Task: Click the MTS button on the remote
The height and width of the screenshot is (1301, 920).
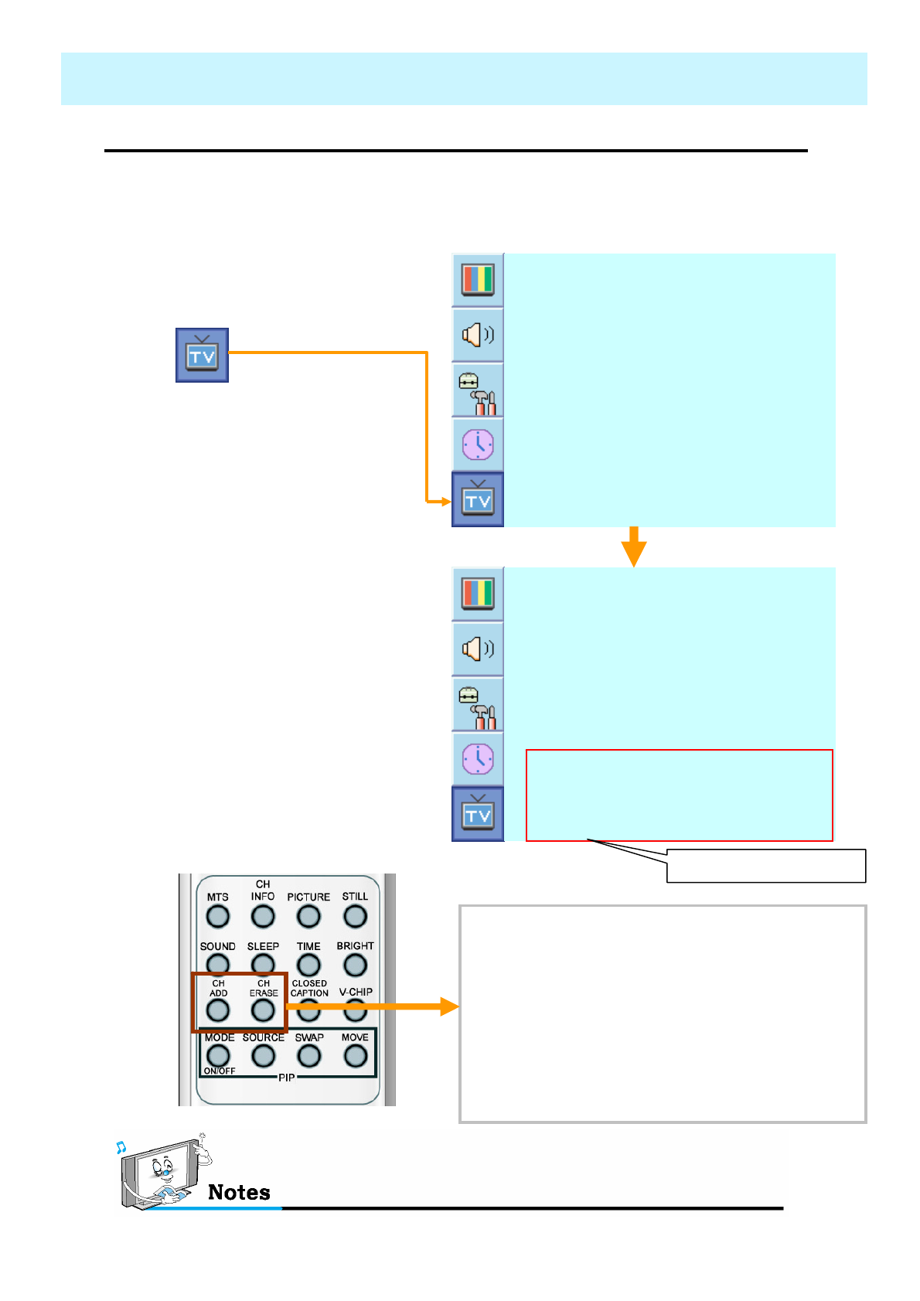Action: [218, 917]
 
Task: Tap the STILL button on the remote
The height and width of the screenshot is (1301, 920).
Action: [355, 917]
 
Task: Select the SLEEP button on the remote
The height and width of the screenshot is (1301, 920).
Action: [263, 964]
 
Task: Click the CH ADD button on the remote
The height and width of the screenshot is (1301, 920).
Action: [218, 1010]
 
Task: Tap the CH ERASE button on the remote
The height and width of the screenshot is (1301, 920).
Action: [263, 1010]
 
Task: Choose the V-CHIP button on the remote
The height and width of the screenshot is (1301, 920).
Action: [355, 1009]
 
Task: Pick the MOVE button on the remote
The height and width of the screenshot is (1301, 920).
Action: [355, 1056]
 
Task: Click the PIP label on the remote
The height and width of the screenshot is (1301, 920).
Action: [286, 1078]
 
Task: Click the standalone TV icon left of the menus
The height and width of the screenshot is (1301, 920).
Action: [202, 355]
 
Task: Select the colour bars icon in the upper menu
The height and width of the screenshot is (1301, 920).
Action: [478, 279]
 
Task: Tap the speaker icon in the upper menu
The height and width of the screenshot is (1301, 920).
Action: [478, 335]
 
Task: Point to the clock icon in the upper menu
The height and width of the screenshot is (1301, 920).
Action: [478, 444]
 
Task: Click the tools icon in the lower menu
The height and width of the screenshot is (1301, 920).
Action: [478, 704]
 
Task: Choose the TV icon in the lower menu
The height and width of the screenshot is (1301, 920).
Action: [478, 814]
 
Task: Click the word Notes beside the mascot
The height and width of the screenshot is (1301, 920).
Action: [239, 1192]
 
